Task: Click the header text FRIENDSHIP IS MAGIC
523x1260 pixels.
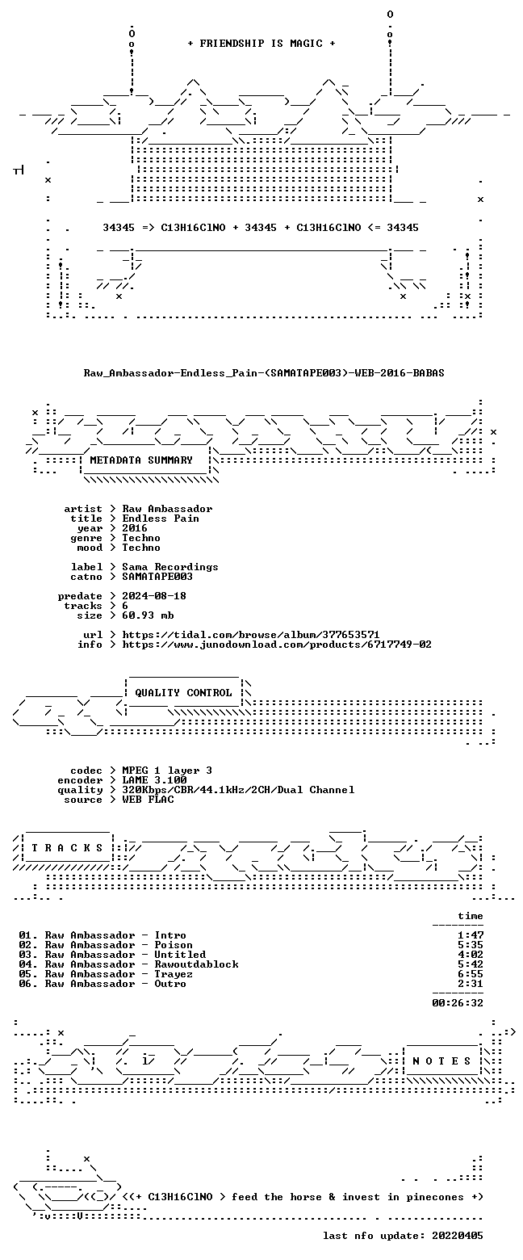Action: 261,44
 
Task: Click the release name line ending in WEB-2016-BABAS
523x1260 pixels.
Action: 264,373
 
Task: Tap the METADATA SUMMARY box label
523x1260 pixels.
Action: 141,460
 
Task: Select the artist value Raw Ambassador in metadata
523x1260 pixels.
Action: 167,509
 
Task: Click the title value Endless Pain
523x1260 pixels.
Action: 161,518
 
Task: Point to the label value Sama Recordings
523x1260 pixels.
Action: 169,566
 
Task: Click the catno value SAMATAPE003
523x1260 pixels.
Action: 157,577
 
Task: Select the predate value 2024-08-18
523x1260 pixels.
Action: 154,596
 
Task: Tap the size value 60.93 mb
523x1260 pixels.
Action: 148,615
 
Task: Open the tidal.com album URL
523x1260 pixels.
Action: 251,635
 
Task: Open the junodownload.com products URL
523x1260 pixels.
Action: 277,644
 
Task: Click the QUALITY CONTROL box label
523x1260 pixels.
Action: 183,693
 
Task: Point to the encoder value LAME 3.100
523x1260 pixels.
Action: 154,780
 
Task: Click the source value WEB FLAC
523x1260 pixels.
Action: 148,800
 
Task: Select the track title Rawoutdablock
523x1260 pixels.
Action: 196,964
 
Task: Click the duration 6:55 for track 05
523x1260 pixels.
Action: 471,974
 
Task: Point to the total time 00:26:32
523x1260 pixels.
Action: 457,1002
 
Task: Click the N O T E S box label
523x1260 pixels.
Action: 442,1060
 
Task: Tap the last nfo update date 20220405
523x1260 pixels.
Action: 457,1235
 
